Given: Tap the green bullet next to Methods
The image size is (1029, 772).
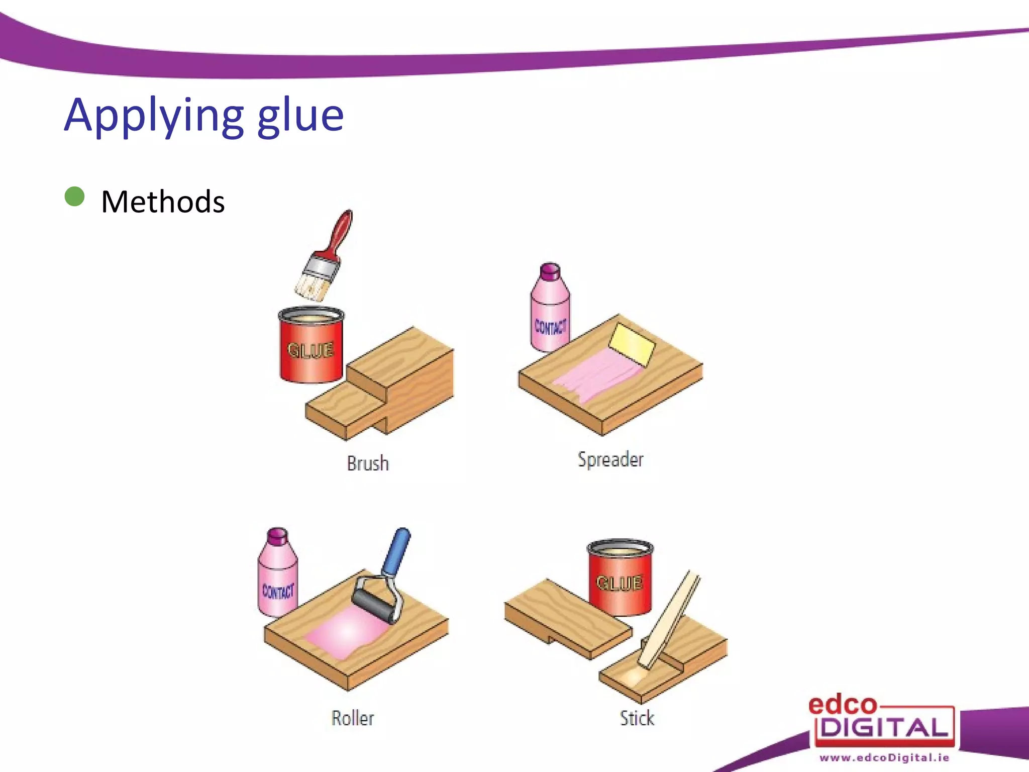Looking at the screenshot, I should pos(75,197).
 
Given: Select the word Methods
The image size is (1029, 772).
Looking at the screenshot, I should pos(163,202).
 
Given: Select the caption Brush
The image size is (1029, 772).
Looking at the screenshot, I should pos(368,463).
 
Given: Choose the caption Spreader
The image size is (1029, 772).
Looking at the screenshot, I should pos(610,459).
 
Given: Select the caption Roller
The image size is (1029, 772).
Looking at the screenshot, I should pos(353,718).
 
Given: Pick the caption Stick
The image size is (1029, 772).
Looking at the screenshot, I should pos(637,718).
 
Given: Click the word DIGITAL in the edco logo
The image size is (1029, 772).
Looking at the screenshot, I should pos(884,727).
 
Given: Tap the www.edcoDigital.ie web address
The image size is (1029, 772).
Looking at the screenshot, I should pos(884,757).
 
